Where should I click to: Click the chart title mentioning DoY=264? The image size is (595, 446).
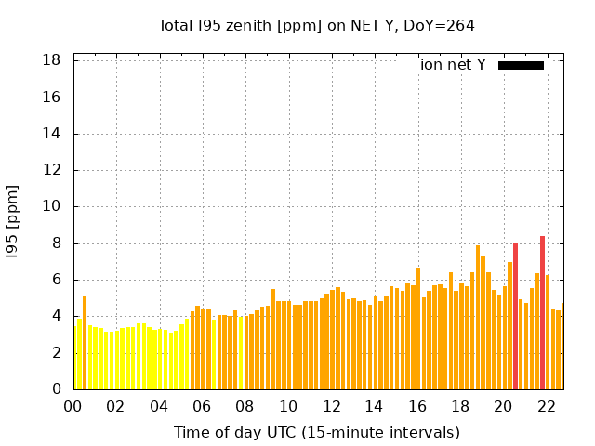(316, 25)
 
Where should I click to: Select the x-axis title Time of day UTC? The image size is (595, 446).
(316, 432)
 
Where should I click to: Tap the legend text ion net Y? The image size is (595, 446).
(453, 64)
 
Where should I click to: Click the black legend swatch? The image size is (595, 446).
(521, 65)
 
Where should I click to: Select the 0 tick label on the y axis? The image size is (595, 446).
(56, 389)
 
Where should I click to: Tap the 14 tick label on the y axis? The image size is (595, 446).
(52, 134)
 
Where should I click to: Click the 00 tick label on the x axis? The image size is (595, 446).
(73, 406)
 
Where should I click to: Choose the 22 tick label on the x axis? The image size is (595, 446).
(548, 406)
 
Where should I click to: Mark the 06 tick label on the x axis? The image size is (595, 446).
(203, 406)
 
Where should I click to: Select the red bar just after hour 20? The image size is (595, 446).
(515, 316)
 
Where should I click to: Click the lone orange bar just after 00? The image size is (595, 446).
(85, 343)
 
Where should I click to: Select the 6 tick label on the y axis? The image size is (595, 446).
(56, 280)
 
